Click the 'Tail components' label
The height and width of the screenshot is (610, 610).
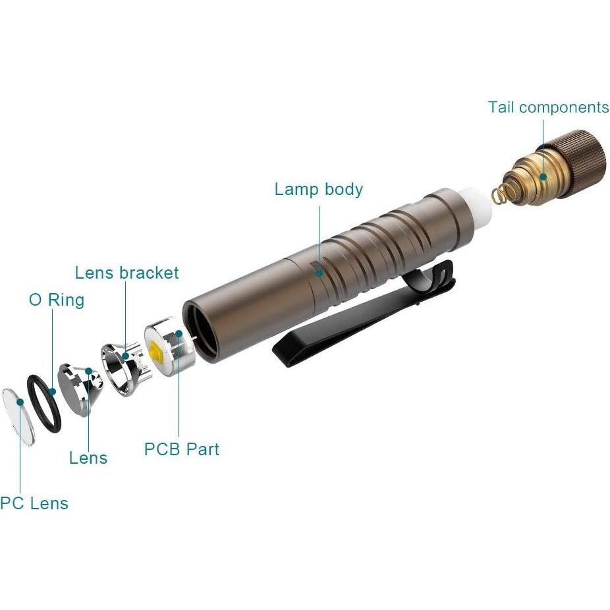pyautogui.click(x=548, y=107)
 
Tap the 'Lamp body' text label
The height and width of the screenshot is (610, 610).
pyautogui.click(x=318, y=190)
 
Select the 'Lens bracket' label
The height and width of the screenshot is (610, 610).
pyautogui.click(x=126, y=273)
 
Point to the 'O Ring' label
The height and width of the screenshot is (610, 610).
pyautogui.click(x=57, y=300)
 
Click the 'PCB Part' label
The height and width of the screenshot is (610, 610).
pyautogui.click(x=181, y=449)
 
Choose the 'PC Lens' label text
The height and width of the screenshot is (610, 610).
pyautogui.click(x=34, y=503)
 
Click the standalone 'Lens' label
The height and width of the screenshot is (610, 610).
pyautogui.click(x=88, y=458)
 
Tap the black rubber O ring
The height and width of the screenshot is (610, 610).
pyautogui.click(x=43, y=404)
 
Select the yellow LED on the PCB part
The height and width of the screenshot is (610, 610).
pyautogui.click(x=157, y=353)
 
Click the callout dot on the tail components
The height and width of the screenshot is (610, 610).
pyautogui.click(x=543, y=176)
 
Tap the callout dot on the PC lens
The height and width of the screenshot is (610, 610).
pyautogui.click(x=20, y=401)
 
